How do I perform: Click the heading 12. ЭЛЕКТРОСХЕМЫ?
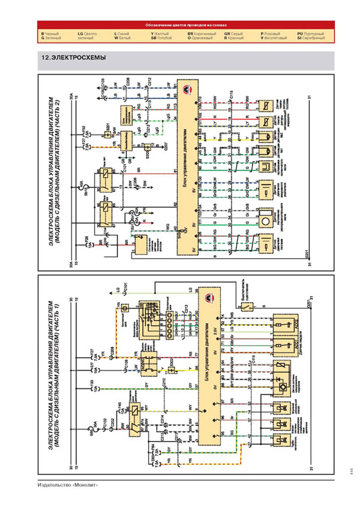coord(74,58)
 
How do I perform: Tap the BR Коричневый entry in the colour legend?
coord(202,34)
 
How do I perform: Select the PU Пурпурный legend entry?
coord(310,34)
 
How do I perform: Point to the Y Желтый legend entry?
coord(160,34)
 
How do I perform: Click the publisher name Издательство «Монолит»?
coord(68,485)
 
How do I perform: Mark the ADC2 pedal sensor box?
coord(285,325)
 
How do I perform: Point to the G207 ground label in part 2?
coord(166,147)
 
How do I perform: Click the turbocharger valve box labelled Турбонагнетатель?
coord(281,440)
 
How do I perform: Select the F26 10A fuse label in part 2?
coord(86,241)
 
